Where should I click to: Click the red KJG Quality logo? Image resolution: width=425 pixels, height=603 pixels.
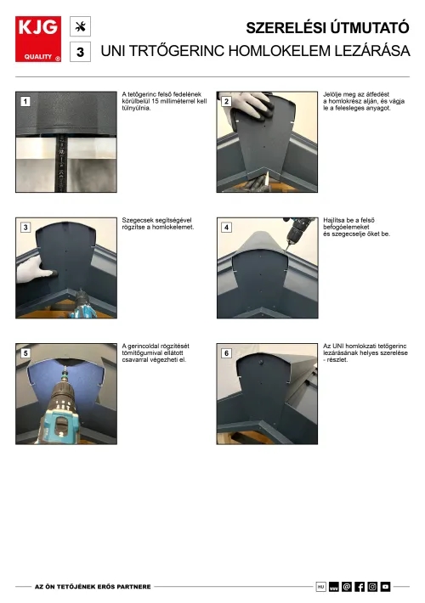click(x=38, y=39)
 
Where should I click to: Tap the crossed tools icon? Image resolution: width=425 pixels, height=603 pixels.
click(x=80, y=26)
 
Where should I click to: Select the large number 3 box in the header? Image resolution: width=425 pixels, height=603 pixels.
click(x=80, y=52)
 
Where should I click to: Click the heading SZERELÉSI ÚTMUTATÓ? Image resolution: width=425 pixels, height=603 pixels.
click(x=327, y=28)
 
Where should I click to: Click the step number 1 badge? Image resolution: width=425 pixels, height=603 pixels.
click(x=25, y=102)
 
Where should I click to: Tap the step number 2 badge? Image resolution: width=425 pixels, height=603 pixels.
click(x=226, y=102)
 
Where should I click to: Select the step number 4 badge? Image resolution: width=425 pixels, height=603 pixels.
click(x=226, y=228)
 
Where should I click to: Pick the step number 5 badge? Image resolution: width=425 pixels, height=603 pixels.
click(x=25, y=353)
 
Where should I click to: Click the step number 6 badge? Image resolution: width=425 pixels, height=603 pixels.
click(x=226, y=353)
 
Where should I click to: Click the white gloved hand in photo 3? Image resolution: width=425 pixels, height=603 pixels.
click(x=34, y=271)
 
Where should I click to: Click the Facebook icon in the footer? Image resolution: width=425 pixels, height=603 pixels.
click(x=360, y=587)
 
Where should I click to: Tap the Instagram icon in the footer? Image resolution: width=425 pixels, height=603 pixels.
click(x=372, y=587)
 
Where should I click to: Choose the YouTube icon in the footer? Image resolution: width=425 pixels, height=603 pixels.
click(x=385, y=587)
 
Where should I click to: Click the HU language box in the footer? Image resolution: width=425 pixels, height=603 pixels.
click(x=320, y=587)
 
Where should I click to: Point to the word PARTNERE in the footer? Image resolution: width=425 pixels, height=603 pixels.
click(x=135, y=587)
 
